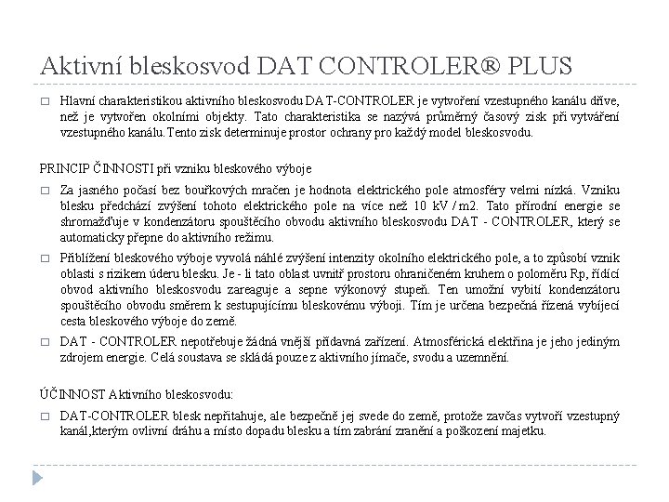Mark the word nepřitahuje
point(221,416)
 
